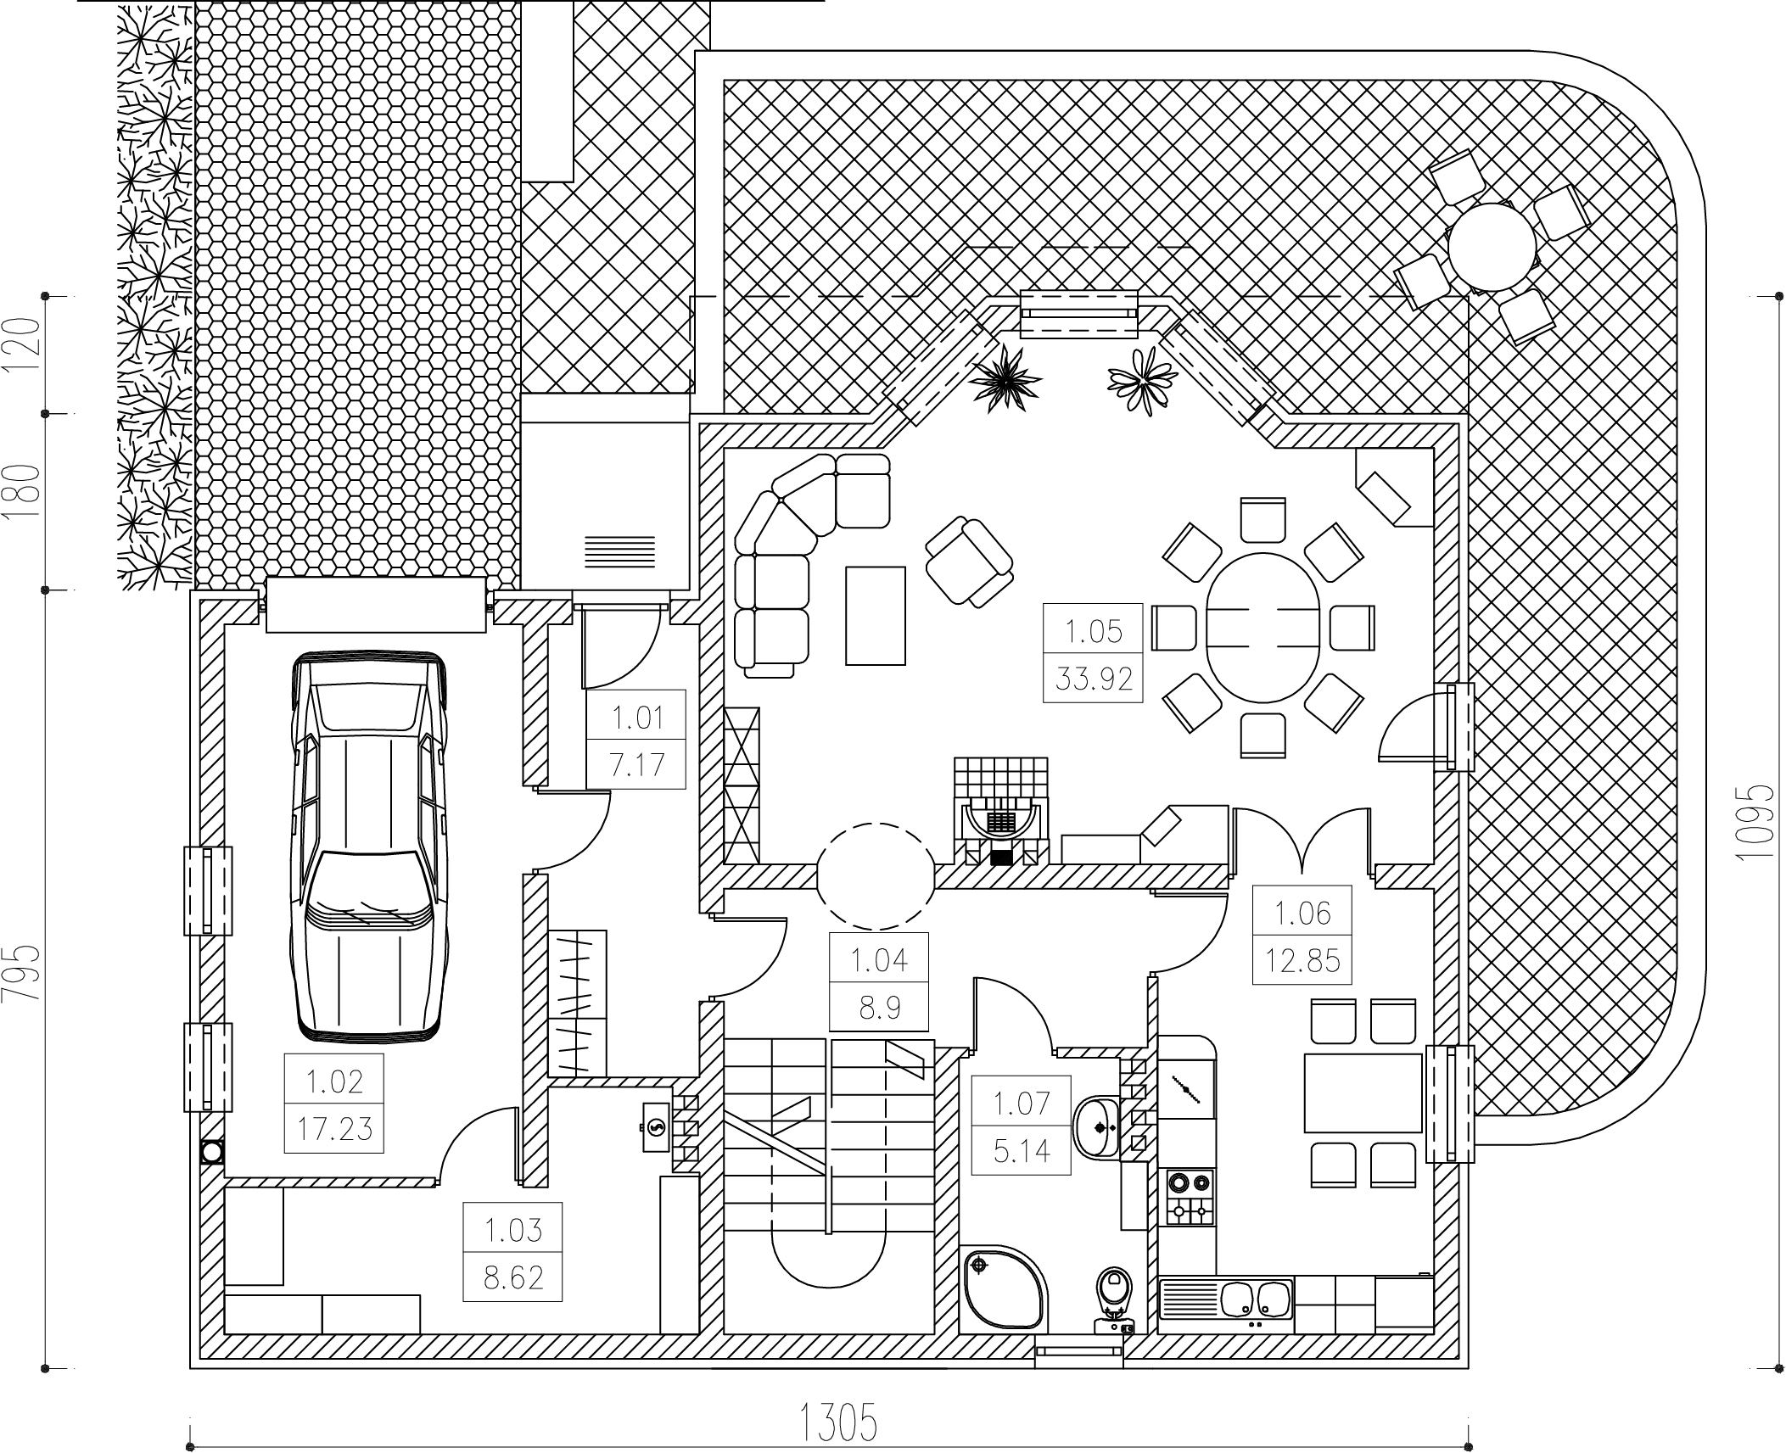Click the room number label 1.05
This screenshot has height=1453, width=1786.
[x=1093, y=632]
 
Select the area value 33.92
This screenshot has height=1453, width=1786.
[x=1093, y=679]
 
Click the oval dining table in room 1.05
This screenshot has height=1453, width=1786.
[x=1263, y=628]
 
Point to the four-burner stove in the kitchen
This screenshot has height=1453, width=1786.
[x=1190, y=1197]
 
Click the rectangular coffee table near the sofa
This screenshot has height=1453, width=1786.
[x=875, y=616]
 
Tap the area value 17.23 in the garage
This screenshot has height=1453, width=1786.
[x=334, y=1129]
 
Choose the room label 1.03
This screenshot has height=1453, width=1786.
[x=512, y=1230]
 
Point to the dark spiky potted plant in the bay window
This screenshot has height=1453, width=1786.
[x=1005, y=382]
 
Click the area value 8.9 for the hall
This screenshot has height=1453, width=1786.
[x=879, y=1008]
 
